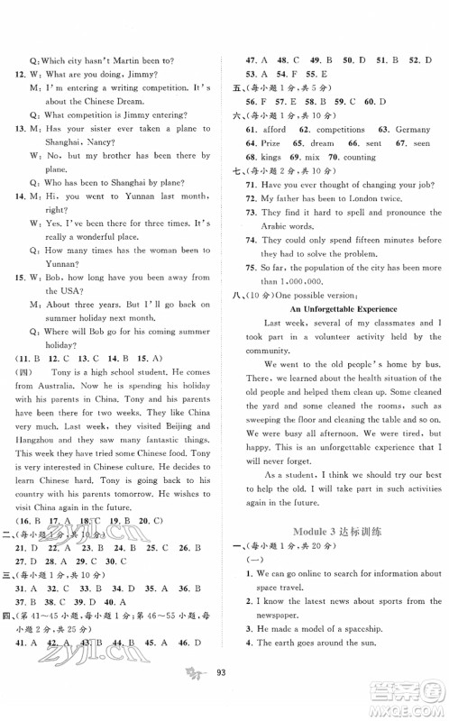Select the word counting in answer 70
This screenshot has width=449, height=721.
[x=359, y=157]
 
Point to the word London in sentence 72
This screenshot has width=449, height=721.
[x=364, y=197]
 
